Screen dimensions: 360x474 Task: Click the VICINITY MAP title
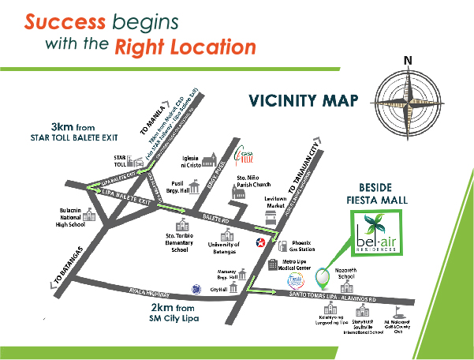point(304,101)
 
